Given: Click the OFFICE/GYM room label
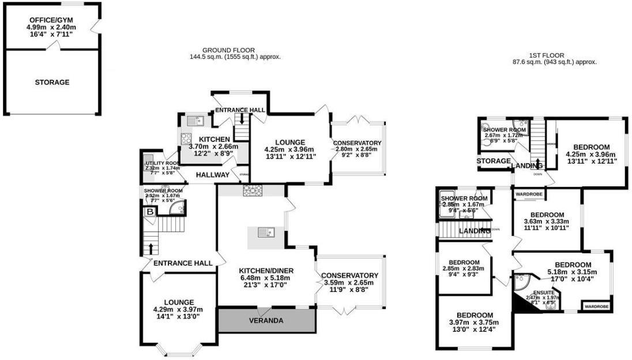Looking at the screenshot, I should point(52,20).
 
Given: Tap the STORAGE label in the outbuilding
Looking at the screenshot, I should point(52,82).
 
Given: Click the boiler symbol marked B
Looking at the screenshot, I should point(150,212).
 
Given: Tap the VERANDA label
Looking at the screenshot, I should point(266,320).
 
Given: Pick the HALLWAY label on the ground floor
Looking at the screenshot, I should point(212,175).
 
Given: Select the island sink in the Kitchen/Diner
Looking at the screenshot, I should point(266,233).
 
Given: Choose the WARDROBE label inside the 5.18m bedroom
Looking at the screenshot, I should point(596,306).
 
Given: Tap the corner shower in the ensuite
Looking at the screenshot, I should point(521,280).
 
